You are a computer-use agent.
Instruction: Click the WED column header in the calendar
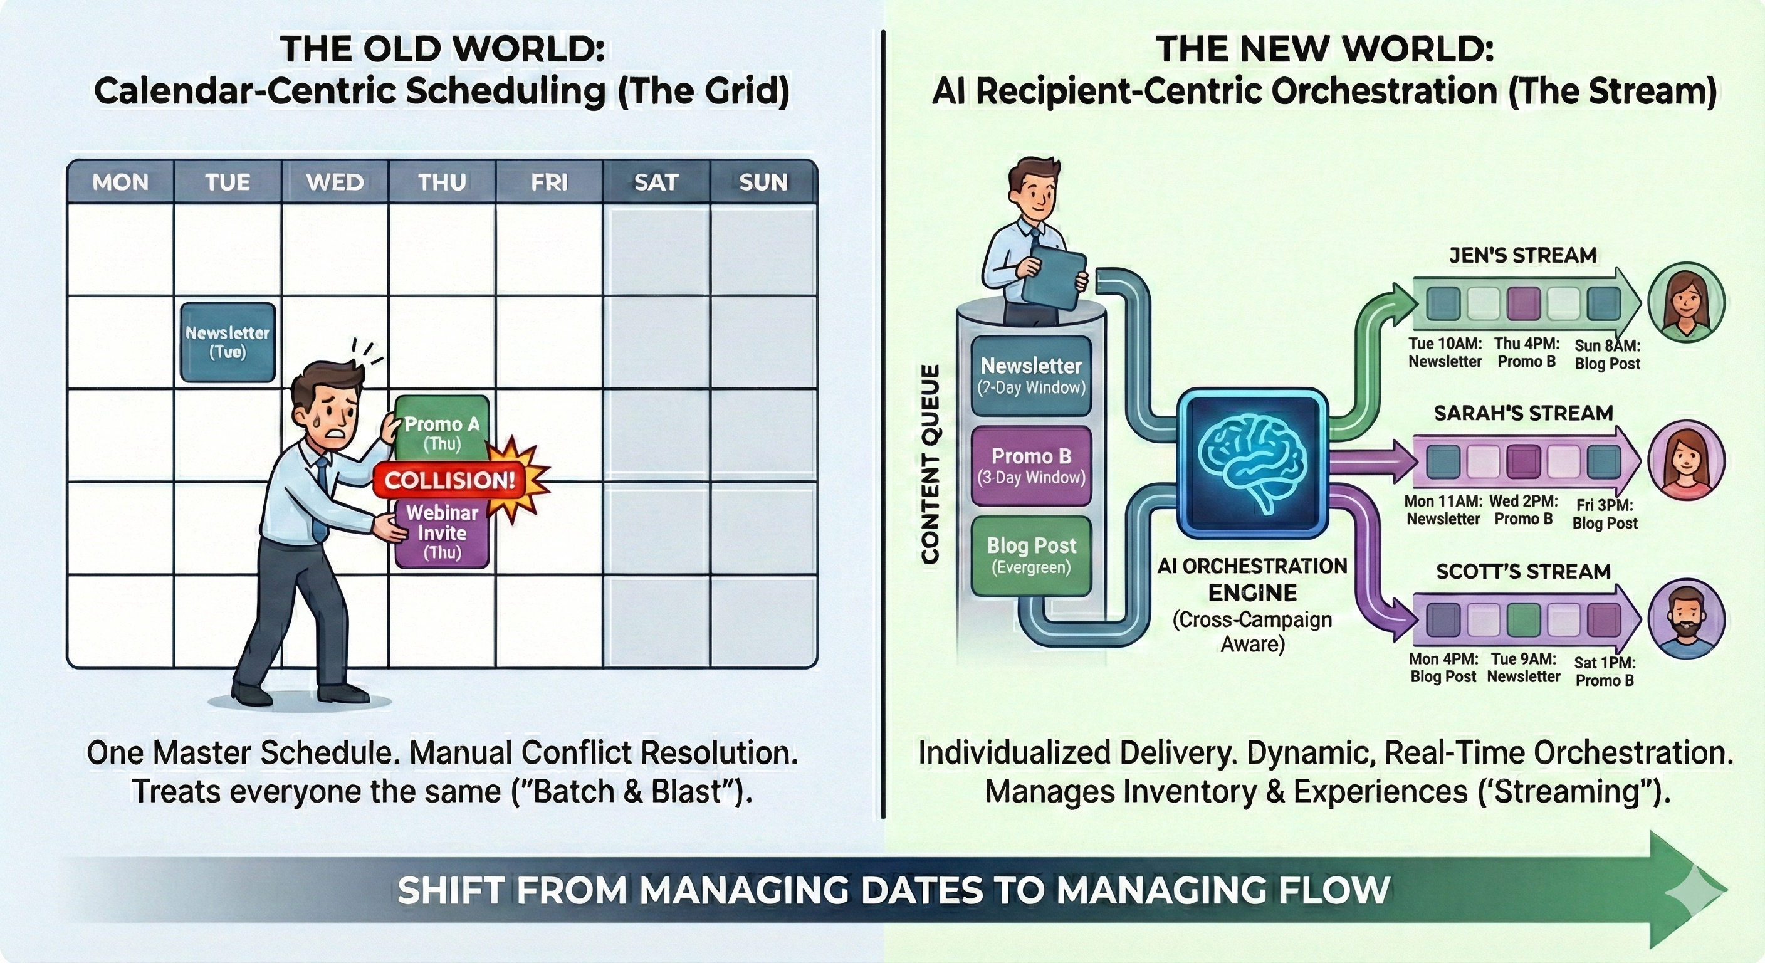click(x=335, y=182)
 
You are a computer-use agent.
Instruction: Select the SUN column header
click(x=763, y=182)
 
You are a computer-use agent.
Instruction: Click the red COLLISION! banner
click(x=449, y=480)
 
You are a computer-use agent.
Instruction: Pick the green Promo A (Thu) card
click(x=442, y=428)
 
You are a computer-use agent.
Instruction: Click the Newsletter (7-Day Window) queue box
click(x=1031, y=376)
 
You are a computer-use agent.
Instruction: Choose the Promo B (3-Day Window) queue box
click(x=1031, y=466)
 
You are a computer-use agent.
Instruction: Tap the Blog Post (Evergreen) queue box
click(x=1031, y=555)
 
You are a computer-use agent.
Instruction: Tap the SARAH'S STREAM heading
click(x=1523, y=413)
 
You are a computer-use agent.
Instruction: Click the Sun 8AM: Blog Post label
click(x=1606, y=354)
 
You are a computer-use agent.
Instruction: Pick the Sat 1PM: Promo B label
click(x=1605, y=671)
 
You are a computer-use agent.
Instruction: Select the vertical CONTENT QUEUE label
click(x=930, y=464)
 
